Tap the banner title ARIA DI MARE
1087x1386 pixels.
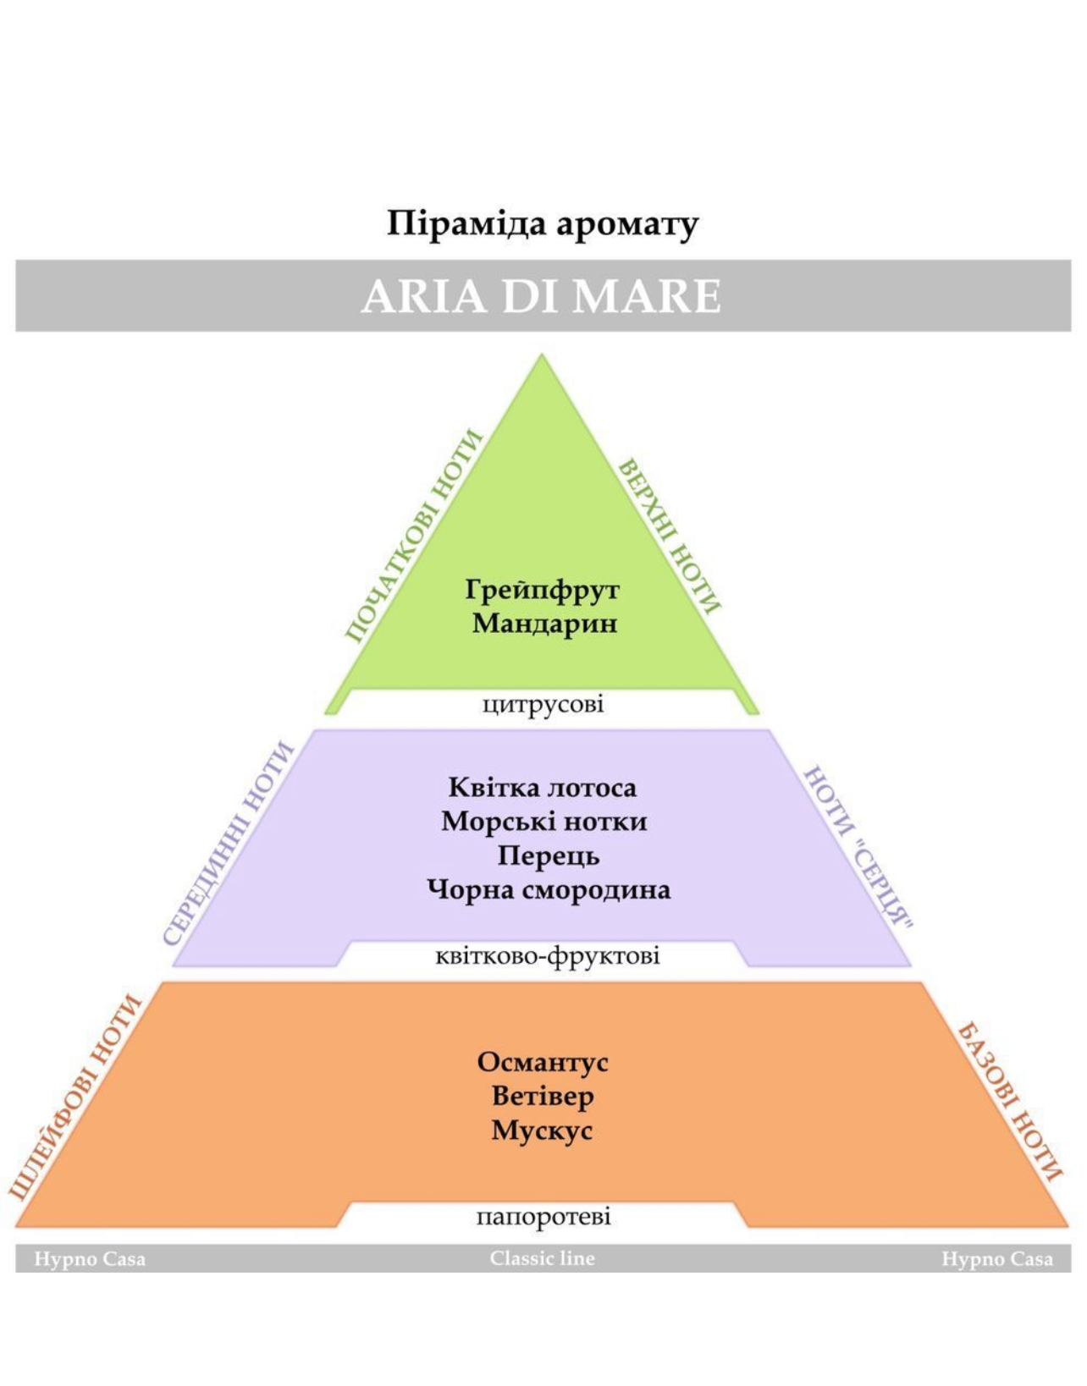(541, 296)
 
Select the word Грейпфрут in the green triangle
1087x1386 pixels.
(542, 591)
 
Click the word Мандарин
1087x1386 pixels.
(545, 623)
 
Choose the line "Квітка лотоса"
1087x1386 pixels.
(542, 788)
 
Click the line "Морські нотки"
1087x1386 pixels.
(544, 822)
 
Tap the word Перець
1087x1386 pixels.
(549, 856)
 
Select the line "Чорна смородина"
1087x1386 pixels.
(549, 890)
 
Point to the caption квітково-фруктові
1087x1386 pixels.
(548, 957)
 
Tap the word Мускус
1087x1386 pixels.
(542, 1130)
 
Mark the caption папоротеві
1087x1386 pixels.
(543, 1216)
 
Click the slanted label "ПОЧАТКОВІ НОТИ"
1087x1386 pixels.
(413, 536)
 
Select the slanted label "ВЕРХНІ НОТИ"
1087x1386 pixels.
(669, 536)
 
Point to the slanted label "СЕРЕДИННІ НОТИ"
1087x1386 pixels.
(230, 844)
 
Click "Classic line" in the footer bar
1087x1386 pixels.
(542, 1258)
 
